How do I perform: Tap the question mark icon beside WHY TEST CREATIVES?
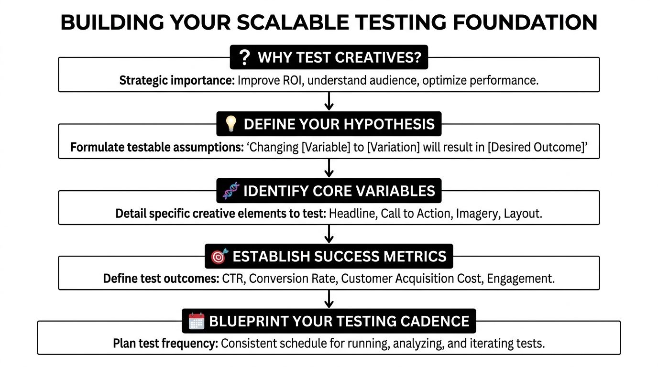tap(244, 58)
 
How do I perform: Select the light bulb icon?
tap(231, 124)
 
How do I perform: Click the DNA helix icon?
tap(231, 191)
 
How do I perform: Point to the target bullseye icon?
tap(219, 257)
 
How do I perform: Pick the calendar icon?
tap(197, 321)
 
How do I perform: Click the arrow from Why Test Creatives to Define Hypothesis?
tap(329, 101)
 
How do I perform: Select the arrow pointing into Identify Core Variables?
tap(329, 168)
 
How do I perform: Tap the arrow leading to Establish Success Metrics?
tap(329, 234)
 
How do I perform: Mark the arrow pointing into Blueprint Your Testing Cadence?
tap(329, 299)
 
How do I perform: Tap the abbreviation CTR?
tap(232, 279)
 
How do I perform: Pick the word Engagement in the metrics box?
tap(520, 279)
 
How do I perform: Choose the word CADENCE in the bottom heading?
tap(433, 321)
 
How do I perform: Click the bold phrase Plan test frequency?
tap(165, 343)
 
